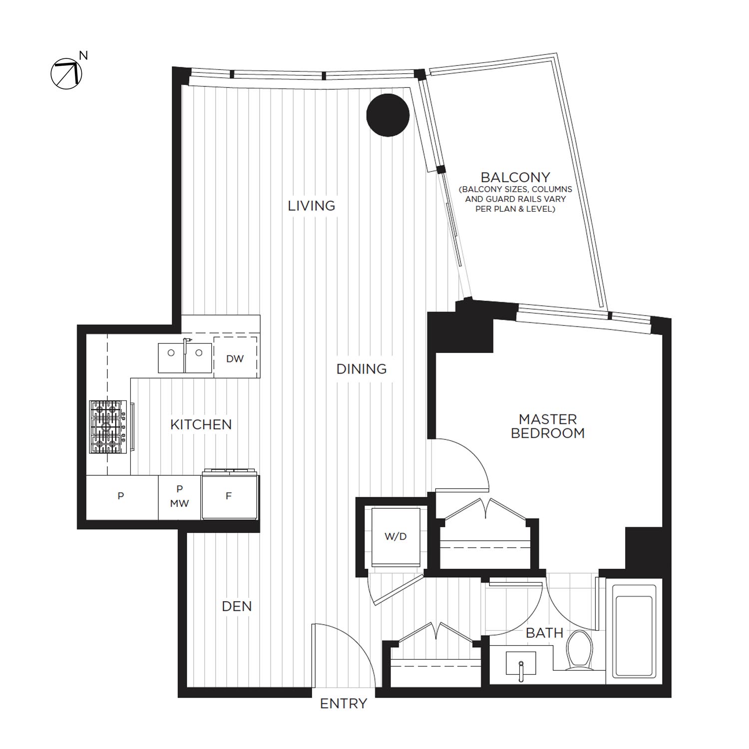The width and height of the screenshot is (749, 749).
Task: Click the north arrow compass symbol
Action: pyautogui.click(x=66, y=73)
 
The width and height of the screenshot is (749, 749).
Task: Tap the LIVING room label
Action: pyautogui.click(x=311, y=206)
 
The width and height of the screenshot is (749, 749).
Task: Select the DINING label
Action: pyautogui.click(x=362, y=369)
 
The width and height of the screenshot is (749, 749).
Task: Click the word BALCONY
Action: pyautogui.click(x=515, y=177)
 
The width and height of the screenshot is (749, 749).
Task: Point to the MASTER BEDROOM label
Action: pyautogui.click(x=548, y=426)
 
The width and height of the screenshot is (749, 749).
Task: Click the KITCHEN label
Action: pyautogui.click(x=201, y=425)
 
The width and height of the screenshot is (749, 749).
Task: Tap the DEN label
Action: pyautogui.click(x=237, y=606)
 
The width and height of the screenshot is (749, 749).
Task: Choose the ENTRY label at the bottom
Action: pyautogui.click(x=344, y=704)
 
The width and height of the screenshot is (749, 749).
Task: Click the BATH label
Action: pyautogui.click(x=544, y=633)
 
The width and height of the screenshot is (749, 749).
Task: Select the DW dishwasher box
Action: pyautogui.click(x=235, y=358)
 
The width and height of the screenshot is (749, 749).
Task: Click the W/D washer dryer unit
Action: pyautogui.click(x=395, y=537)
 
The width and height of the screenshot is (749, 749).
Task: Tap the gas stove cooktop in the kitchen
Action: pyautogui.click(x=108, y=427)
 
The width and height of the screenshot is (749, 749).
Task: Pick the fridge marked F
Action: pyautogui.click(x=229, y=496)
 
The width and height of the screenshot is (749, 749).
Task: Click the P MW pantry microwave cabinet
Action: pyautogui.click(x=180, y=496)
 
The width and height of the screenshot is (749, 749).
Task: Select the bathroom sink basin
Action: pyautogui.click(x=520, y=664)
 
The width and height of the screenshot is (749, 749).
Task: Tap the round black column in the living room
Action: pyautogui.click(x=388, y=115)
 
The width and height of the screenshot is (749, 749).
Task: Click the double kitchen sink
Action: pyautogui.click(x=185, y=357)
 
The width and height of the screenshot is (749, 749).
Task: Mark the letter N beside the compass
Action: pyautogui.click(x=83, y=55)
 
